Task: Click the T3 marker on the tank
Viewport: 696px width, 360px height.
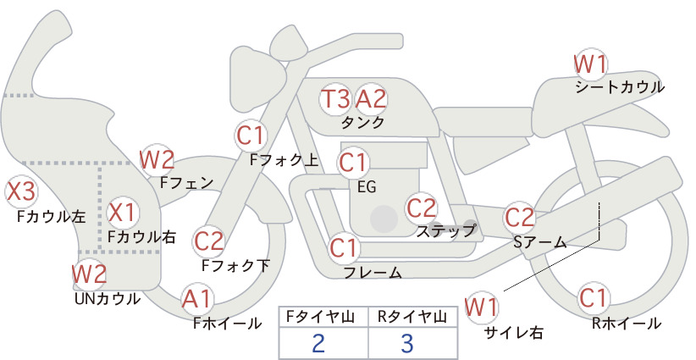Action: coord(335,98)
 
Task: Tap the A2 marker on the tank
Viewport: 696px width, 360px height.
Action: coord(371,98)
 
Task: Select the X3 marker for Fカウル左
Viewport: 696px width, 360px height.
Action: coord(20,191)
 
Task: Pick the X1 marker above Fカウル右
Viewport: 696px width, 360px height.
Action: coord(123,212)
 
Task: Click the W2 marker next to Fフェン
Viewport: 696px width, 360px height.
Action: coord(157,160)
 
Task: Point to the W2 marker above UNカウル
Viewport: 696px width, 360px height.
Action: coord(89,274)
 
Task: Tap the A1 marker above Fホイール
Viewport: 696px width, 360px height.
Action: coord(196,298)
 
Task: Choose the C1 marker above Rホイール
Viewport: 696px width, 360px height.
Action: coord(593,298)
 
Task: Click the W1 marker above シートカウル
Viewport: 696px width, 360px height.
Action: coord(590,65)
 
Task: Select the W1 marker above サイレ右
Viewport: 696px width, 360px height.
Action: coord(482,307)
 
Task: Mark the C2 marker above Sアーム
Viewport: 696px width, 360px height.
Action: coord(519,218)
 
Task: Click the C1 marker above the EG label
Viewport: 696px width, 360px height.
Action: coord(353,163)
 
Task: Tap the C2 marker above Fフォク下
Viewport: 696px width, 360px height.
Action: coord(208,241)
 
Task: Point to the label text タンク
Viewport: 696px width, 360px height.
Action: coord(362,123)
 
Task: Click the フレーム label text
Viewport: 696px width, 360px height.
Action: coord(373,273)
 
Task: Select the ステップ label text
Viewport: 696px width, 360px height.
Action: coord(446,231)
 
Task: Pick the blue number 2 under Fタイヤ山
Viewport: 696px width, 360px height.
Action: coord(318,344)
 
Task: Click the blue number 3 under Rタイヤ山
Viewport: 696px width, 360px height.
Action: coord(407,344)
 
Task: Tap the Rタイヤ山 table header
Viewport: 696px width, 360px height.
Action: coord(412,317)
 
